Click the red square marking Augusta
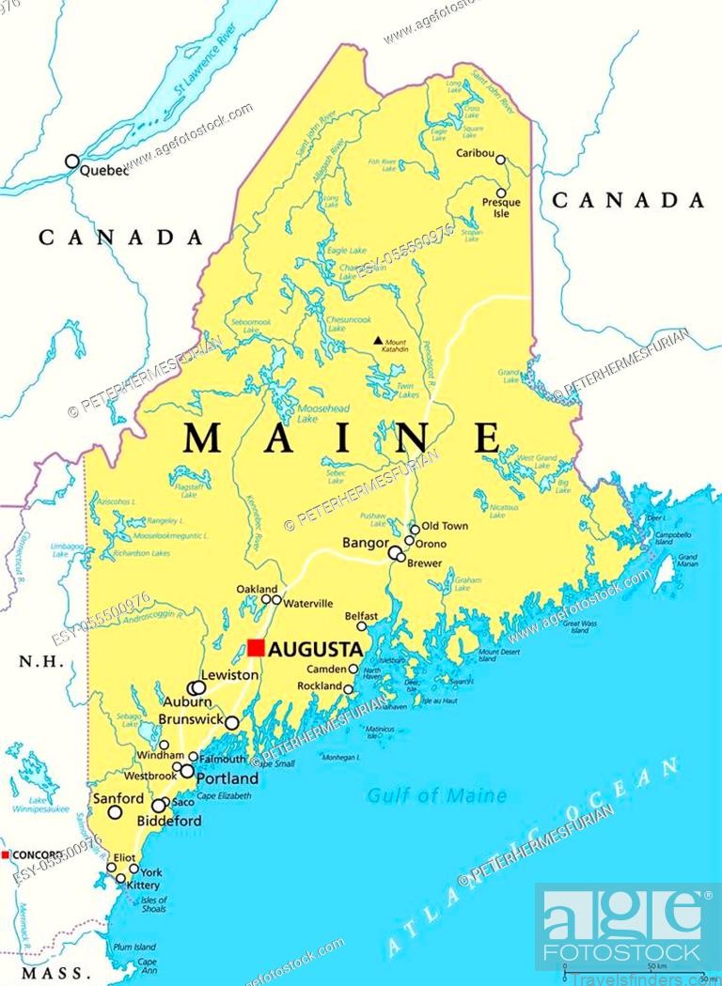pos(256,647)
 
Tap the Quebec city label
pos(103,171)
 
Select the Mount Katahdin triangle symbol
pos(378,341)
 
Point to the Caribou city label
pos(475,153)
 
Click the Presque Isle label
pos(501,208)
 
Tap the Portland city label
pos(227,778)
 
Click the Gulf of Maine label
pos(436,795)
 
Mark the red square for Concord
pos(5,855)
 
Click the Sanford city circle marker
pos(115,812)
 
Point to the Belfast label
pos(361,616)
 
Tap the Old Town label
pos(444,526)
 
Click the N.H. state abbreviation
pos(41,662)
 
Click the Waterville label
pos(308,603)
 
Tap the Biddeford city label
pos(169,820)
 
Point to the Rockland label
pos(319,686)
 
